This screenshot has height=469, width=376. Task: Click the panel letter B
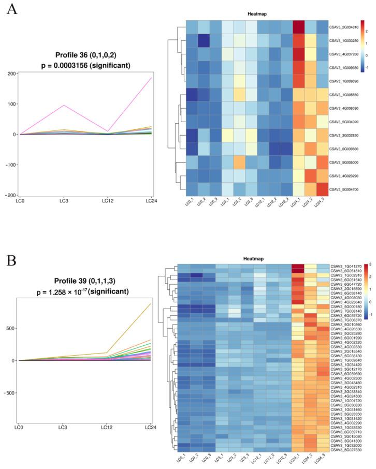tap(11, 259)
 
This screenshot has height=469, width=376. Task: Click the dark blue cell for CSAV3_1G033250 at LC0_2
tap(204, 40)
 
